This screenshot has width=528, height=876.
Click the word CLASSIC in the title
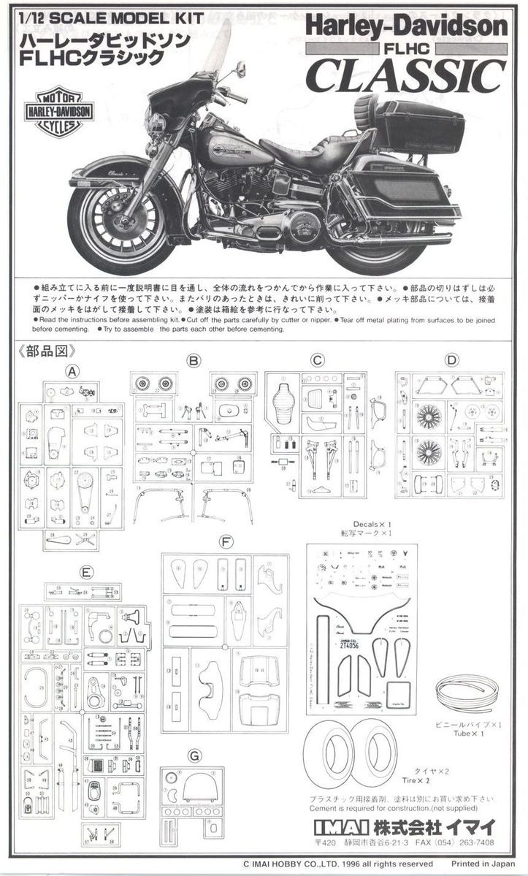point(408,75)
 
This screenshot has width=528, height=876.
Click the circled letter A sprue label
point(72,370)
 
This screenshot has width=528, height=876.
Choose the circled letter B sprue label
point(193,360)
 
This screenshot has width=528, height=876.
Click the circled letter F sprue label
point(226,542)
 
